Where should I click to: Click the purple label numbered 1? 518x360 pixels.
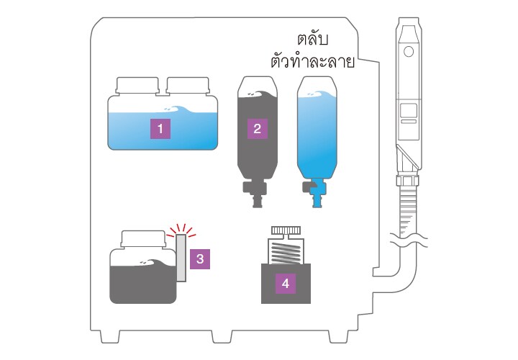point(160,128)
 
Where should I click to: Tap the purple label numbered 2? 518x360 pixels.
point(258,129)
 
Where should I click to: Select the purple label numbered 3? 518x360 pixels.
point(200,259)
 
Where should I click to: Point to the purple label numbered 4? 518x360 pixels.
point(286,283)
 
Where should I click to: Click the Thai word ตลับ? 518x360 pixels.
point(312,40)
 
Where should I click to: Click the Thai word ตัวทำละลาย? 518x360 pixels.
point(312,61)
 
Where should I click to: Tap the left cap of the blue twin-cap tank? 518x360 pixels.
point(137,85)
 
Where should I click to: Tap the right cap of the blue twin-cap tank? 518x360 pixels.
point(188,85)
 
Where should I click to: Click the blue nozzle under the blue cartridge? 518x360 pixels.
point(317,193)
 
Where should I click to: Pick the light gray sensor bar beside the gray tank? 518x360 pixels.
point(181,258)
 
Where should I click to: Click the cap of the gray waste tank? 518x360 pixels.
point(142,238)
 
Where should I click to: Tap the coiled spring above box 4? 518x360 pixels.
point(286,252)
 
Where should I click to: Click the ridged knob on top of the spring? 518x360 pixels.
point(286,230)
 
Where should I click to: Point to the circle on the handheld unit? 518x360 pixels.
point(409,52)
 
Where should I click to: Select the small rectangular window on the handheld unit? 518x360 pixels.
point(409,111)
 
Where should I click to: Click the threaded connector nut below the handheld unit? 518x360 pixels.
point(409,181)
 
